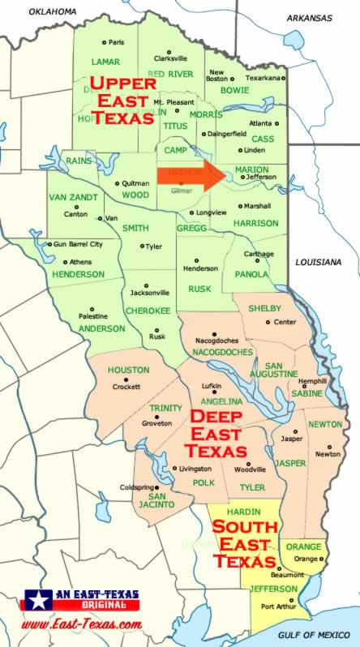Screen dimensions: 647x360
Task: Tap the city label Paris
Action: (118, 42)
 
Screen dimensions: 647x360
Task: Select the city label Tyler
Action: (153, 246)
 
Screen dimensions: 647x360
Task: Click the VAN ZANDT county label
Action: (73, 198)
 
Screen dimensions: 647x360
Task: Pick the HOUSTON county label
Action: (129, 371)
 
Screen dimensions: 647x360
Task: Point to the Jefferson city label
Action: (259, 176)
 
